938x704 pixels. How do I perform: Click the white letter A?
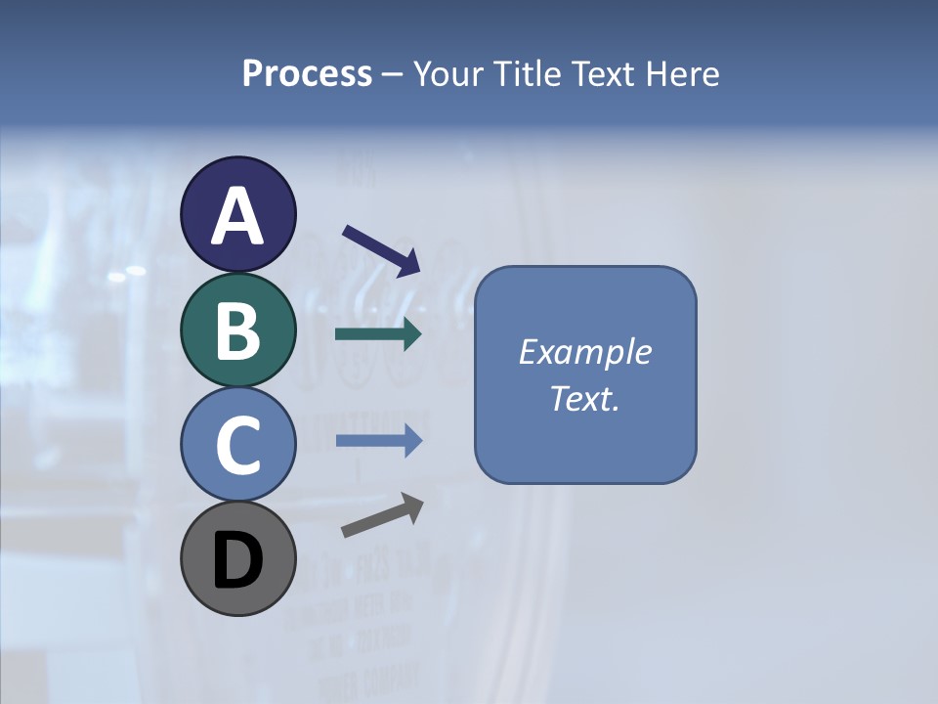[237, 216]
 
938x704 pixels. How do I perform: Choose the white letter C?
[237, 445]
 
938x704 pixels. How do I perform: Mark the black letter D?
[237, 561]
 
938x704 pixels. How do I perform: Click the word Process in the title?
[307, 74]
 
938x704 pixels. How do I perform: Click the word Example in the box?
[585, 352]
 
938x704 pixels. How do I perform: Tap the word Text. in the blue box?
[585, 398]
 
